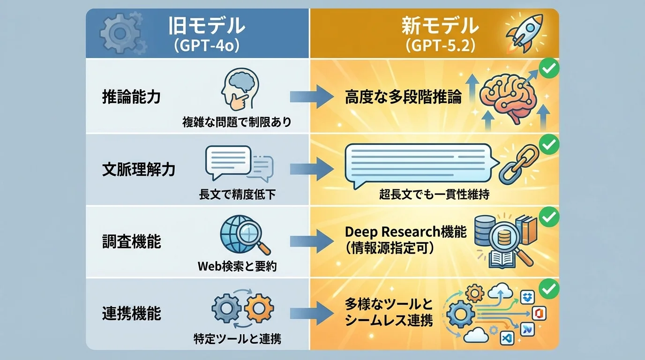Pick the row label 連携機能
[131, 314]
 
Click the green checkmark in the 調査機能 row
[549, 217]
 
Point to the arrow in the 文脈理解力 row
[310, 170]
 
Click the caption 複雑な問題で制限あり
[237, 123]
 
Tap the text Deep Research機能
[405, 232]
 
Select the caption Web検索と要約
[237, 267]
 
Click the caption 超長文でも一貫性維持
[434, 195]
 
